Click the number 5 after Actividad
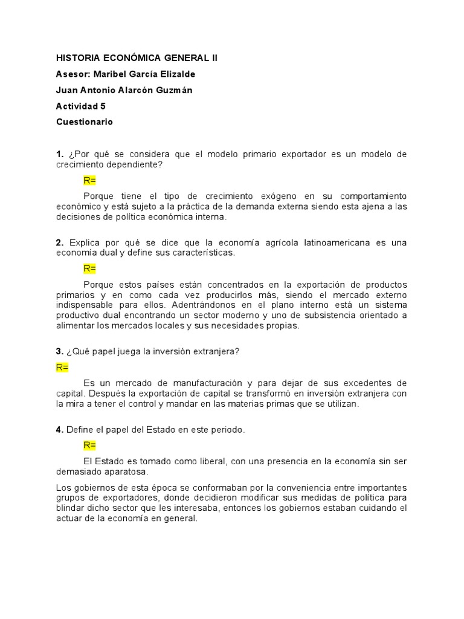[x=103, y=106]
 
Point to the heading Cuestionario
[x=84, y=122]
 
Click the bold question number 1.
[x=59, y=154]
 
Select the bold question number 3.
[x=59, y=352]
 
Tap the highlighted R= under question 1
[x=90, y=181]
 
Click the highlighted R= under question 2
[x=90, y=268]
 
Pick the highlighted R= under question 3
[x=63, y=368]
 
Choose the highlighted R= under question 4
[x=90, y=446]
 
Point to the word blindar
[x=71, y=508]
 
